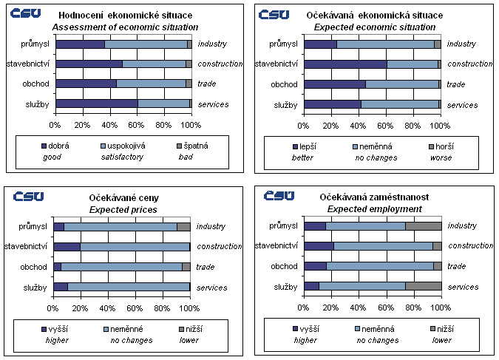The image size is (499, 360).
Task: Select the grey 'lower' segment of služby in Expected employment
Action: pyautogui.click(x=423, y=286)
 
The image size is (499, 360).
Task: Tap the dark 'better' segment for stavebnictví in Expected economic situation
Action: pyautogui.click(x=345, y=64)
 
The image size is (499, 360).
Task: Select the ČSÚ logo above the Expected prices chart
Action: pyautogui.click(x=27, y=195)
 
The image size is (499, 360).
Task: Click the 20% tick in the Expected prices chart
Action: pyautogui.click(x=81, y=305)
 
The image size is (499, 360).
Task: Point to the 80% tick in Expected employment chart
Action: pyautogui.click(x=413, y=305)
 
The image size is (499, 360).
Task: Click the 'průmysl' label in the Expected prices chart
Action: pyautogui.click(x=34, y=226)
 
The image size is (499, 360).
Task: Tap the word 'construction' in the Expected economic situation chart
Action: pyautogui.click(x=470, y=64)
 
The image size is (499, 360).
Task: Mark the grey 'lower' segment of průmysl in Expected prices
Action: pyautogui.click(x=183, y=226)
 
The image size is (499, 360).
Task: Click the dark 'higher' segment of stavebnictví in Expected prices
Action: pyautogui.click(x=67, y=246)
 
